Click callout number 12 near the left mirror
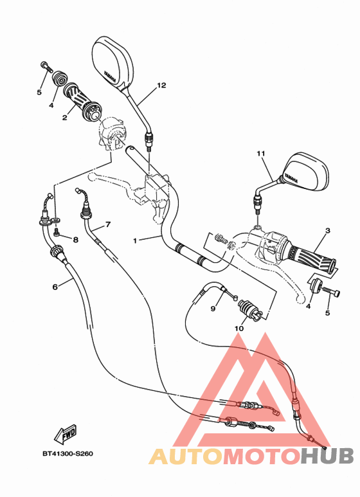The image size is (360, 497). (161, 86)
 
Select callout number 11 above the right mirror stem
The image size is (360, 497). (260, 154)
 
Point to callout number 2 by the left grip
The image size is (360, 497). (65, 118)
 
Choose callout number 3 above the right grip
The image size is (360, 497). (327, 231)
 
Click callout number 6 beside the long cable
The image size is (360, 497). (55, 287)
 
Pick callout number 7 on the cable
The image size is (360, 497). (107, 224)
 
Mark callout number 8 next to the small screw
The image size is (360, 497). (75, 240)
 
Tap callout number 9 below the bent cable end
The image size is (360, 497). (213, 309)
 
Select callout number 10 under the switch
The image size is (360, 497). (239, 329)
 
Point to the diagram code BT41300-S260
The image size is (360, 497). (68, 454)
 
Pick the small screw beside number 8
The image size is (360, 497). (58, 232)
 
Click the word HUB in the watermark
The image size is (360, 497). (328, 456)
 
